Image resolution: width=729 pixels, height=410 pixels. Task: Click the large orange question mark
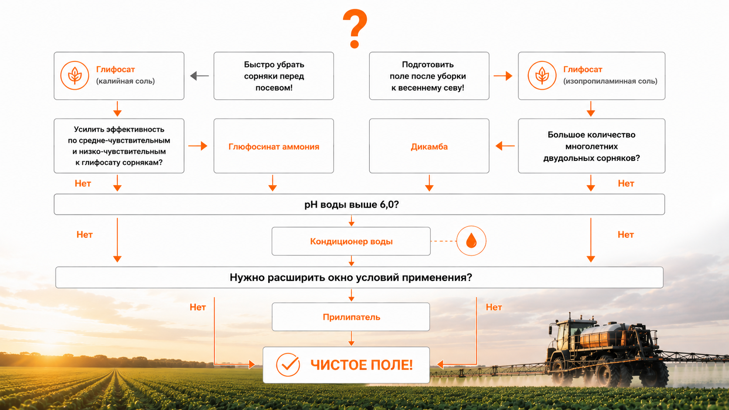[x=355, y=29]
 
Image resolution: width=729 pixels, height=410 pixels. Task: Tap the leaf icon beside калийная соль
[x=75, y=75]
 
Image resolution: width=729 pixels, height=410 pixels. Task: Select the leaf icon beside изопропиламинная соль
[x=542, y=75]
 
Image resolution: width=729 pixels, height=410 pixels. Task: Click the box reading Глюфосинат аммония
[x=274, y=146]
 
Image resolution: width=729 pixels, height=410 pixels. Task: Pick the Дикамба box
[x=429, y=146]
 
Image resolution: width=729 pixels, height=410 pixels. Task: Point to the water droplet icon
[x=471, y=241]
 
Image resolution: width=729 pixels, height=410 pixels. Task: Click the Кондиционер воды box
[x=351, y=241]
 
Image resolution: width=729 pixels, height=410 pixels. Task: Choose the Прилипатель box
[x=351, y=317]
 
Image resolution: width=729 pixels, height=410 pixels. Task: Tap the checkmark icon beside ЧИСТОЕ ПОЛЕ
[x=288, y=365]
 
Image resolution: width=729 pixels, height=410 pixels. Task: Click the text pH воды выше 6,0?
[x=351, y=204]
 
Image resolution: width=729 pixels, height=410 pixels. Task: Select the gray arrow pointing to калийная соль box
[x=199, y=76]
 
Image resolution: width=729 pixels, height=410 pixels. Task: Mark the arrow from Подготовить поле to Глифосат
[x=503, y=76]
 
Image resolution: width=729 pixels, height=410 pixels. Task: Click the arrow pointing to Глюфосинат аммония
[x=198, y=146]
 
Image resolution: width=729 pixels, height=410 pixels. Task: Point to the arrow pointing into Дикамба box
[x=505, y=146]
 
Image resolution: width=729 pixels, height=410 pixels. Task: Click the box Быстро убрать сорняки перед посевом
[x=274, y=76]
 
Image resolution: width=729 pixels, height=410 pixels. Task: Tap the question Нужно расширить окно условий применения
[x=351, y=278]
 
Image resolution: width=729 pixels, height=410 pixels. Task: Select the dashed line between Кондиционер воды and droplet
[x=443, y=241]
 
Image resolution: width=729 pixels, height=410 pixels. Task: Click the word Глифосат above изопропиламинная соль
[x=583, y=69]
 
